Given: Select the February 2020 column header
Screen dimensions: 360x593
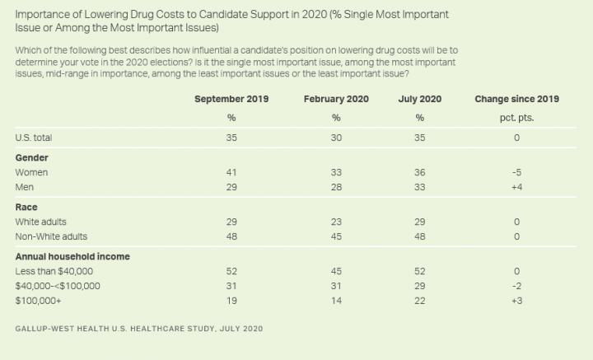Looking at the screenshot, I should pos(335,99).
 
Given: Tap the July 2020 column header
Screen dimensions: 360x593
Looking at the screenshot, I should pos(419,99).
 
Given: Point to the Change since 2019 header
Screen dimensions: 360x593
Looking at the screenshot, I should pos(516,99).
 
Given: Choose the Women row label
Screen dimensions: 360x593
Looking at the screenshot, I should pos(32,172).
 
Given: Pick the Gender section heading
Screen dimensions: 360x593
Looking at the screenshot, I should pos(32,157).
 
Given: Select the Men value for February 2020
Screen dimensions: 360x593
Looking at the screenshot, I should pos(335,188).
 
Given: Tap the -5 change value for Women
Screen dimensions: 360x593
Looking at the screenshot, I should pos(516,172).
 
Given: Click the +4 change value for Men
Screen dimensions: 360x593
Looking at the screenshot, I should pos(516,188).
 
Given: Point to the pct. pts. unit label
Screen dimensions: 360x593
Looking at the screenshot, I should pos(516,117).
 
